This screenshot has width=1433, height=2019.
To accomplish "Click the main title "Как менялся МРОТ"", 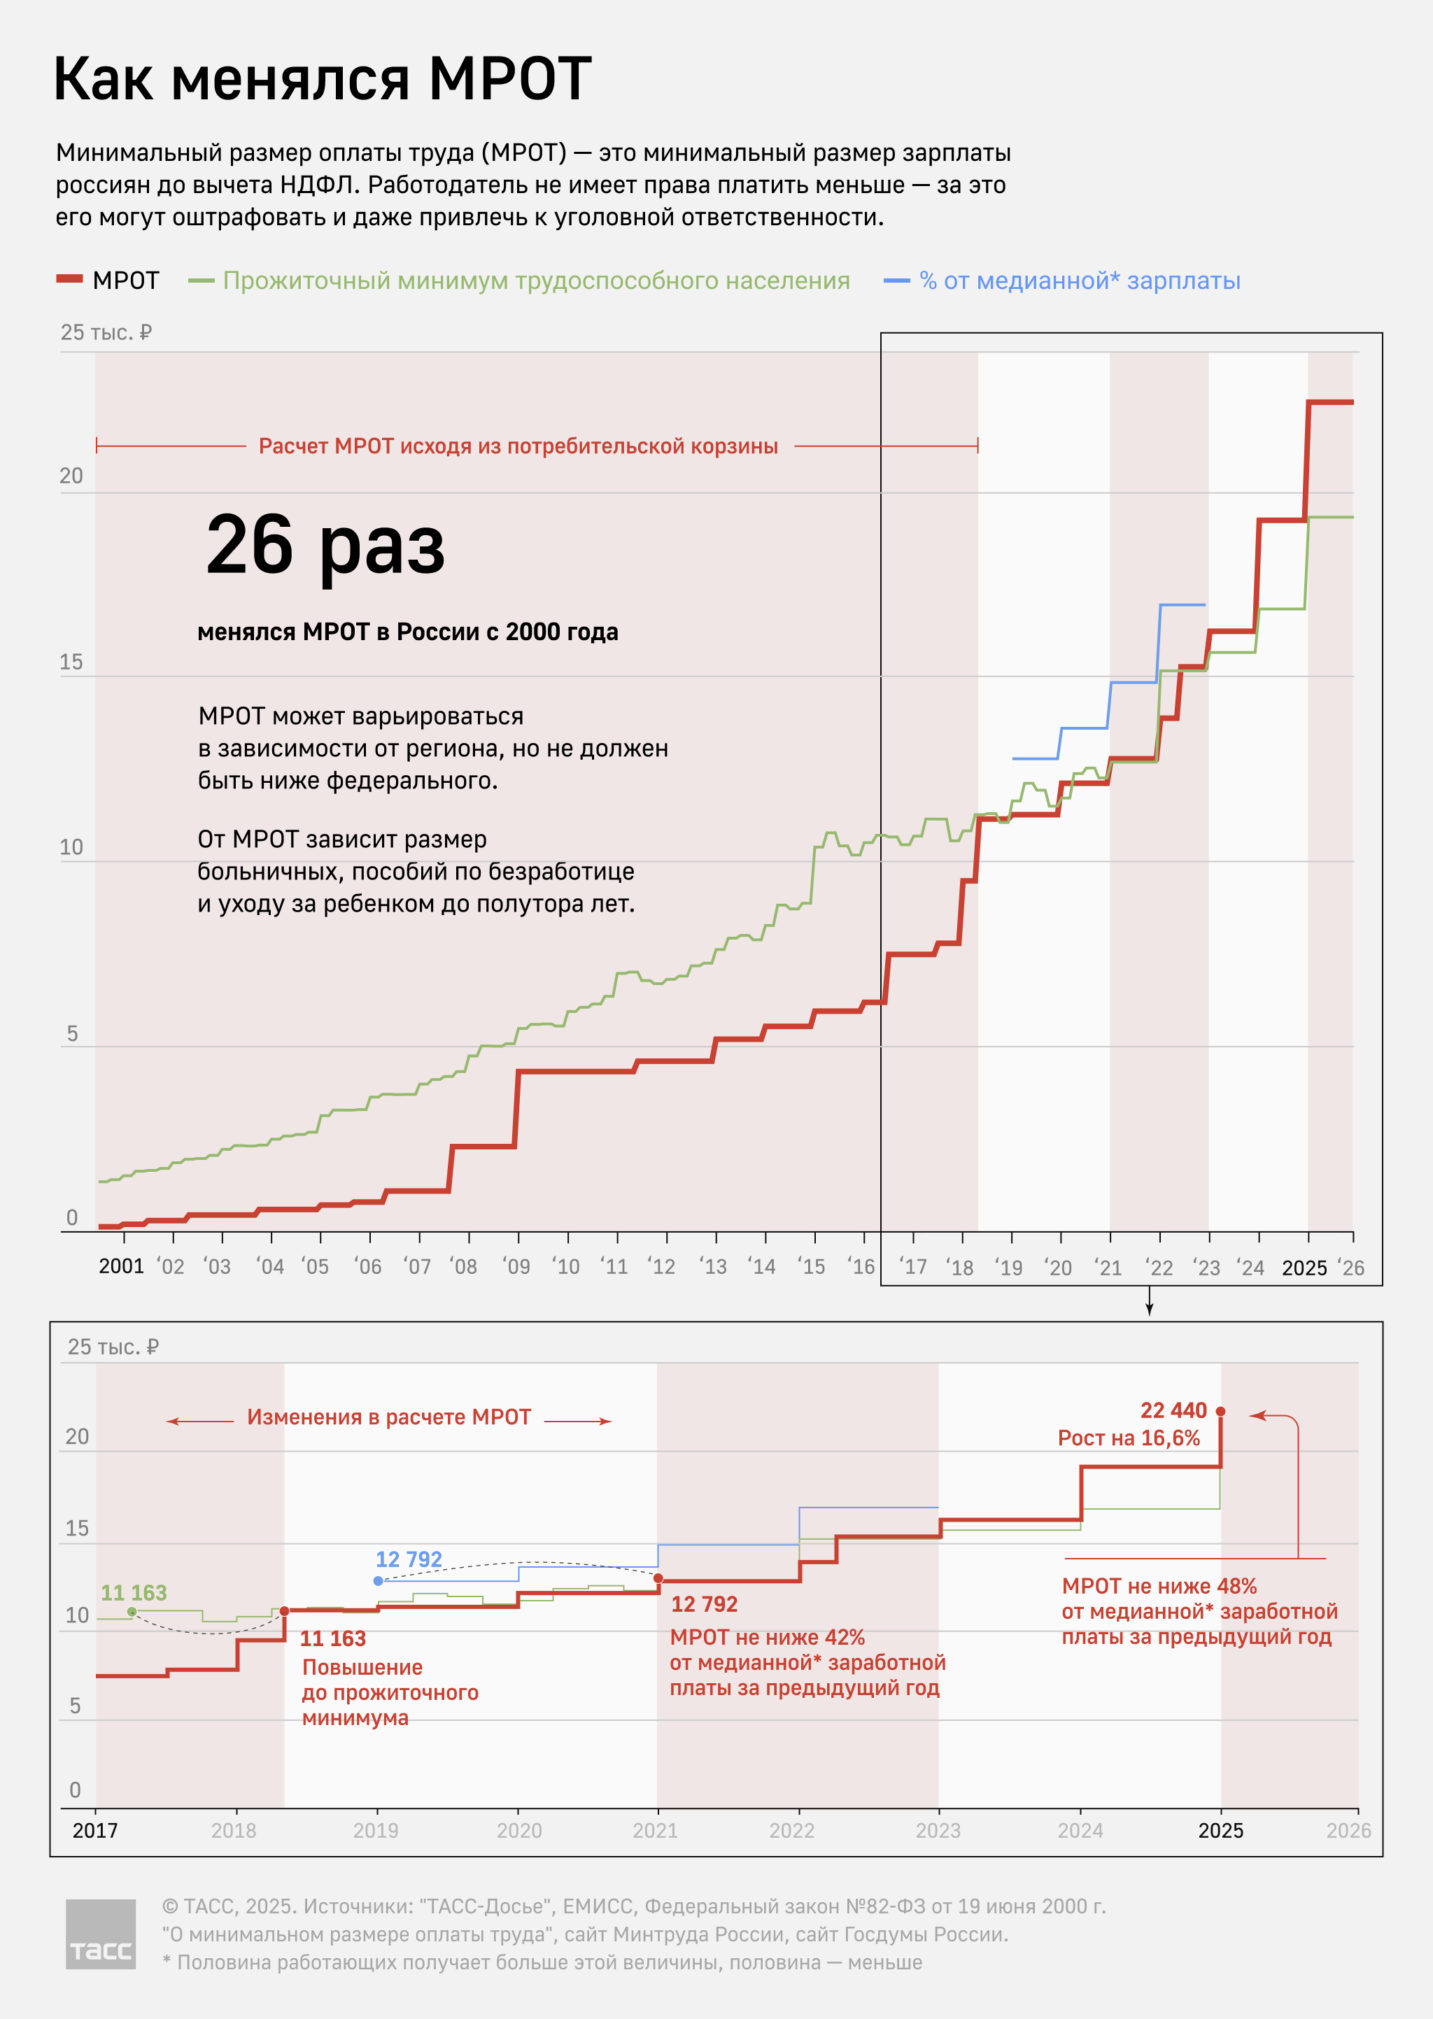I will pyautogui.click(x=322, y=79).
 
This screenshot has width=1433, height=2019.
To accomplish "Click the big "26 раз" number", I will pyautogui.click(x=325, y=544).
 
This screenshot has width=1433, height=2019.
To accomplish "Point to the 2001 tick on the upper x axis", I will pyautogui.click(x=122, y=1266).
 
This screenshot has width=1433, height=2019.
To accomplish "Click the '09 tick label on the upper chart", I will pyautogui.click(x=516, y=1267).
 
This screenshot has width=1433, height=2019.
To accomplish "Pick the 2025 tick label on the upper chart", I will pyautogui.click(x=1304, y=1268).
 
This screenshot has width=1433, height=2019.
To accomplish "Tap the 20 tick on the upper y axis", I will pyautogui.click(x=71, y=476).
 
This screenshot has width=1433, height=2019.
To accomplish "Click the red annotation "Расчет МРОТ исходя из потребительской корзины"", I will pyautogui.click(x=518, y=446).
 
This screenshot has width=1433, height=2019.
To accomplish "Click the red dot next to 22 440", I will pyautogui.click(x=1220, y=1411).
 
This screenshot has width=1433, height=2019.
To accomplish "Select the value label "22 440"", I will pyautogui.click(x=1173, y=1410).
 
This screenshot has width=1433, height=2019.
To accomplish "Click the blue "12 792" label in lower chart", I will pyautogui.click(x=409, y=1559).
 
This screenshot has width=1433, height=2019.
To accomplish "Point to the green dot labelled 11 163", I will pyautogui.click(x=132, y=1612).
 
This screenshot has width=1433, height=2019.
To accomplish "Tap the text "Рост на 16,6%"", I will pyautogui.click(x=1129, y=1438).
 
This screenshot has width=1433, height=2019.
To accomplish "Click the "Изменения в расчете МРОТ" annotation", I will pyautogui.click(x=388, y=1417).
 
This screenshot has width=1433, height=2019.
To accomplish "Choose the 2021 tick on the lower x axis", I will pyautogui.click(x=655, y=1830).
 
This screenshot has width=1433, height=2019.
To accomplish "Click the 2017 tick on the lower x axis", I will pyautogui.click(x=95, y=1830).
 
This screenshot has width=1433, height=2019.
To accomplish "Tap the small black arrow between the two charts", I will pyautogui.click(x=1149, y=1303).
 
